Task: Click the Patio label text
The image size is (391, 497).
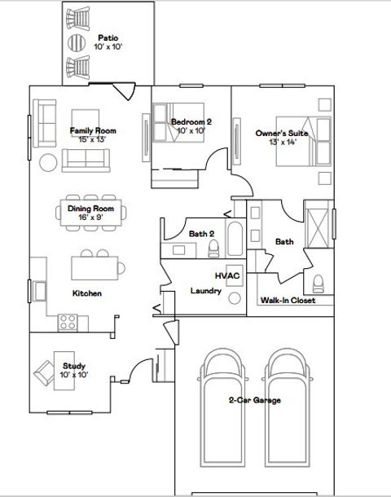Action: click(108, 42)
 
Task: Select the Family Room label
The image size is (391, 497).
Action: click(92, 134)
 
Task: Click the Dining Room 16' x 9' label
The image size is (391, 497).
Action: click(90, 213)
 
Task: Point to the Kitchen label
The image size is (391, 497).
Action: click(87, 293)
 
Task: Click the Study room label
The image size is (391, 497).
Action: click(73, 371)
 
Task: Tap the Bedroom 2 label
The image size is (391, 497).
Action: click(191, 126)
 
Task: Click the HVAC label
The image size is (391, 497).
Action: click(227, 276)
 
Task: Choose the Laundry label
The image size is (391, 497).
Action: click(206, 291)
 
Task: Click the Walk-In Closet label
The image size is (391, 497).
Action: click(288, 300)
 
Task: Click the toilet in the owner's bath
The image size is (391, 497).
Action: click(319, 283)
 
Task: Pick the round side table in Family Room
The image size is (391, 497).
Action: click(48, 162)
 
